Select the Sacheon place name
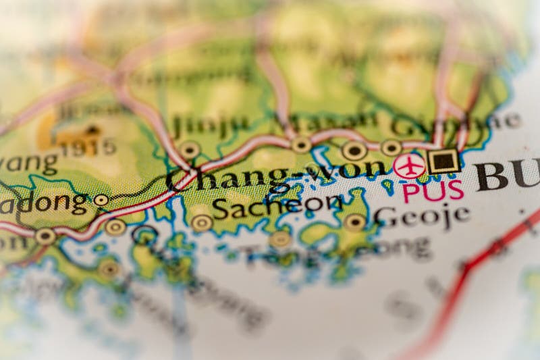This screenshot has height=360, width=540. pos(277,205)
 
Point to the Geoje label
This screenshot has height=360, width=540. pos(422,215)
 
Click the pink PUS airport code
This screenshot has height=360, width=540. pos(433,191)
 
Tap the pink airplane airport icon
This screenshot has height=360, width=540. pos(410,165)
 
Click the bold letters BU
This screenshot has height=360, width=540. pos(506,174)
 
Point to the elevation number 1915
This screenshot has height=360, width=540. pos(88,148)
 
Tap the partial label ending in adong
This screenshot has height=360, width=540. pos(44,202)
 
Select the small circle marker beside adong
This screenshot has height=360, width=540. pos(101,200)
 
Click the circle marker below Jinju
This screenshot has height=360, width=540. pos(190,150)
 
